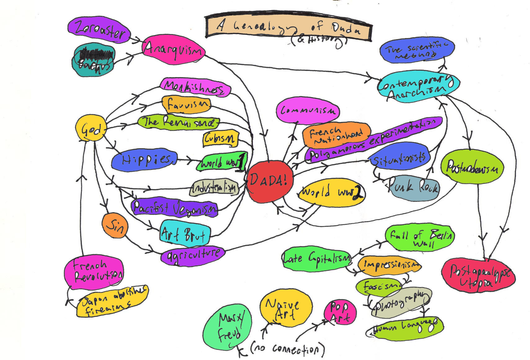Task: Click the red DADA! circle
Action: tap(269, 182)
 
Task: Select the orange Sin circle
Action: tap(114, 225)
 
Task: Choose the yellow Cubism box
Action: tap(220, 138)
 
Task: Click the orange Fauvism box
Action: tap(186, 105)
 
